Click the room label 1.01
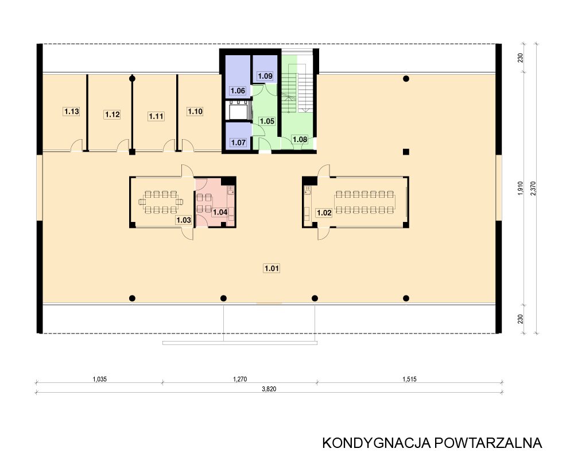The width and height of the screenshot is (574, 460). pyautogui.click(x=272, y=268)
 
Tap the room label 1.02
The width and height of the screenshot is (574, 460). pyautogui.click(x=324, y=213)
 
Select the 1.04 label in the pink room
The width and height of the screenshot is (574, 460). pyautogui.click(x=220, y=212)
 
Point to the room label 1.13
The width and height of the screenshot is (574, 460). pyautogui.click(x=71, y=111)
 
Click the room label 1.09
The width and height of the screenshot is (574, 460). pyautogui.click(x=265, y=76)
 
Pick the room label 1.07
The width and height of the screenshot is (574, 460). pyautogui.click(x=238, y=143)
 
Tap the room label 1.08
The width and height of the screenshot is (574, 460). pyautogui.click(x=300, y=139)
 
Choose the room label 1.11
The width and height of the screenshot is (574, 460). pyautogui.click(x=156, y=116)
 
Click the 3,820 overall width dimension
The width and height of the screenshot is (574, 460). pyautogui.click(x=269, y=389)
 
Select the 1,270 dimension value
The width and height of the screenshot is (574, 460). pyautogui.click(x=240, y=379)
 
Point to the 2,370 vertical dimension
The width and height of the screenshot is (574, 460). pyautogui.click(x=533, y=188)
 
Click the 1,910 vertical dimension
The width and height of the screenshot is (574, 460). pyautogui.click(x=521, y=188)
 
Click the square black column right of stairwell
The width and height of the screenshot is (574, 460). pyautogui.click(x=406, y=152)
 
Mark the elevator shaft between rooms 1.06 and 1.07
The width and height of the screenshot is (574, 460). pyautogui.click(x=238, y=111)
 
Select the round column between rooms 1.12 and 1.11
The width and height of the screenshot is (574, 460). pyautogui.click(x=132, y=79)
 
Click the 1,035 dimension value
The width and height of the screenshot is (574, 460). pyautogui.click(x=99, y=379)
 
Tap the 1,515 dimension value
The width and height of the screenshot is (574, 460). pyautogui.click(x=409, y=379)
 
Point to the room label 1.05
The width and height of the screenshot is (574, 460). pyautogui.click(x=267, y=121)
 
